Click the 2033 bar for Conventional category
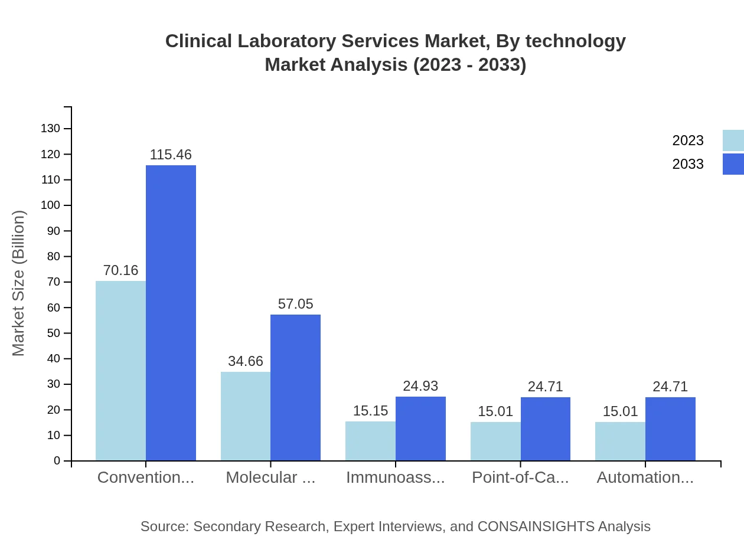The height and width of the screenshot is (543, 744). [171, 313]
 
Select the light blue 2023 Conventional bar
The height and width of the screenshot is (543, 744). [120, 371]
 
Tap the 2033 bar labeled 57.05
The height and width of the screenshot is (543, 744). [295, 387]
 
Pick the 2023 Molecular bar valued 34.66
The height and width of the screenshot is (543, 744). [246, 416]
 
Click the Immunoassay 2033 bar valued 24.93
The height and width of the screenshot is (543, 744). [420, 428]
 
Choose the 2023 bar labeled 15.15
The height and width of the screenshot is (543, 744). [370, 441]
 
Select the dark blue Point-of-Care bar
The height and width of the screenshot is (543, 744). [546, 428]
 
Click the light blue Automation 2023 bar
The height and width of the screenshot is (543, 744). [620, 441]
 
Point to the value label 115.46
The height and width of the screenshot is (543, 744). [171, 155]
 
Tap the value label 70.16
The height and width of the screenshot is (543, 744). [120, 270]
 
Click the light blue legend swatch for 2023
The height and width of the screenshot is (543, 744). [733, 140]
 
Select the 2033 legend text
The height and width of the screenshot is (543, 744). [688, 164]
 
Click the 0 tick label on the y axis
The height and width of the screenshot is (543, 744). [57, 461]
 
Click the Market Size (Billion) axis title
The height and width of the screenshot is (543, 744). [19, 283]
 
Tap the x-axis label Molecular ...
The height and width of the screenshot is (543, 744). [270, 477]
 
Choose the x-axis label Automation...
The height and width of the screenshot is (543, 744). [645, 477]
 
